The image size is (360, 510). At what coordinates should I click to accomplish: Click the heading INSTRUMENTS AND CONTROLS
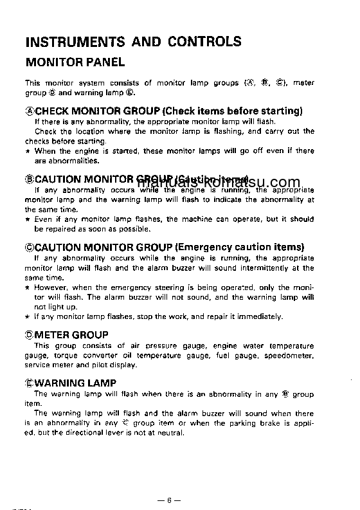tap(133, 42)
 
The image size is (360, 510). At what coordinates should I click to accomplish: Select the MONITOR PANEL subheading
tap(75, 63)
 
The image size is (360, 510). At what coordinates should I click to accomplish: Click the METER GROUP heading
tap(71, 335)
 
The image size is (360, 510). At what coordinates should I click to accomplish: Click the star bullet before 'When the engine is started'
tap(27, 151)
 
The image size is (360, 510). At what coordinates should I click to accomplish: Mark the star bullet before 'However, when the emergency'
tap(27, 287)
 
